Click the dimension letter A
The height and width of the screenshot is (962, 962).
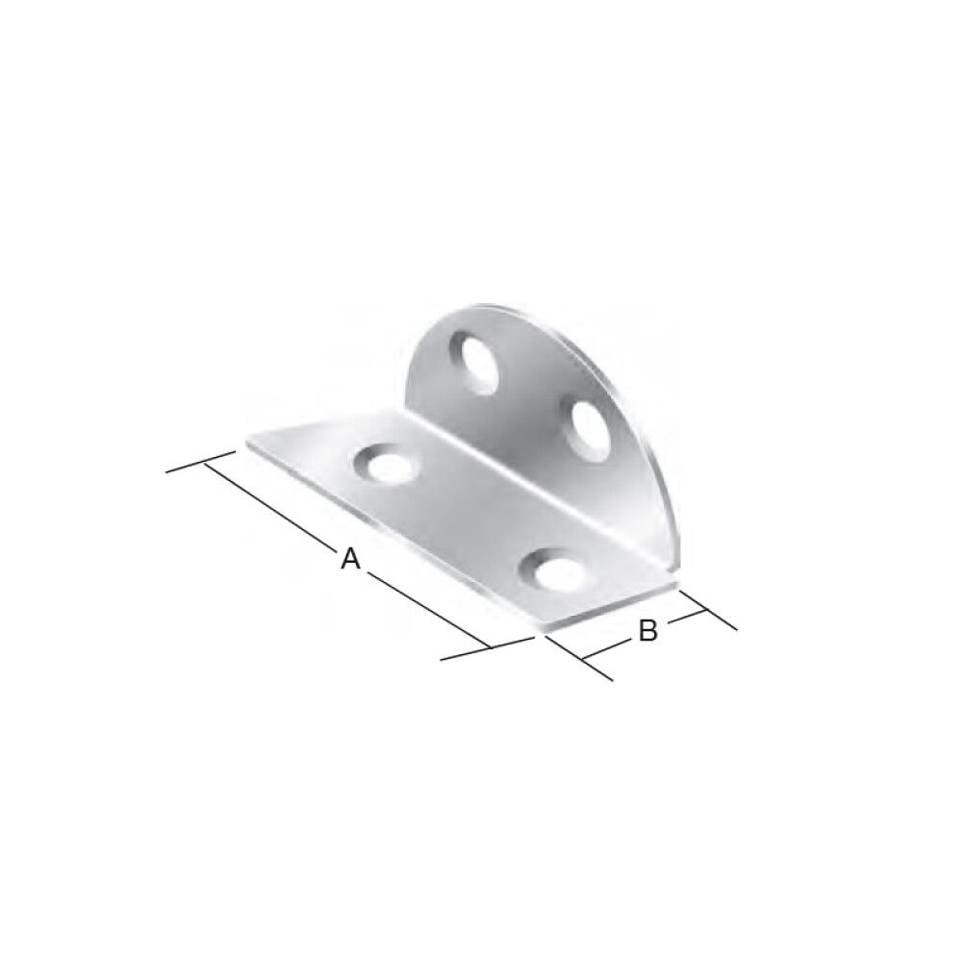350,559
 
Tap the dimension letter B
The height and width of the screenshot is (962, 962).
648,631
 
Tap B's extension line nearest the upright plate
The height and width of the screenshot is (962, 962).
707,610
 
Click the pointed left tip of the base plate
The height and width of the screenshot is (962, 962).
248,443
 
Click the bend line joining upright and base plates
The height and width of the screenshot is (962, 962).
539,481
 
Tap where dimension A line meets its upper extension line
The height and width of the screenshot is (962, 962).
204,463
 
